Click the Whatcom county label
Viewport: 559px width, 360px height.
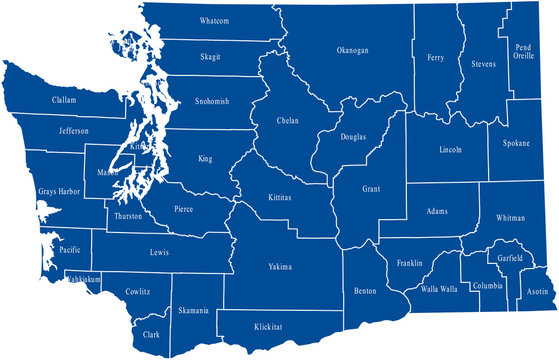click(214, 21)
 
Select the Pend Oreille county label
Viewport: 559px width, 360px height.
click(523, 52)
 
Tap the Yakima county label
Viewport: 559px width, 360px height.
click(280, 267)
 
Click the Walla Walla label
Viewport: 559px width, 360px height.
click(438, 290)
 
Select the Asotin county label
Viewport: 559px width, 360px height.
click(536, 292)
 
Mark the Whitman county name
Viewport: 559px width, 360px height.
click(511, 217)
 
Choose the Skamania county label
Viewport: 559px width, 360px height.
click(194, 311)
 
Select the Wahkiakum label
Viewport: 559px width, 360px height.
click(84, 280)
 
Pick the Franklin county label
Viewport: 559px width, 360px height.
click(409, 264)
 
